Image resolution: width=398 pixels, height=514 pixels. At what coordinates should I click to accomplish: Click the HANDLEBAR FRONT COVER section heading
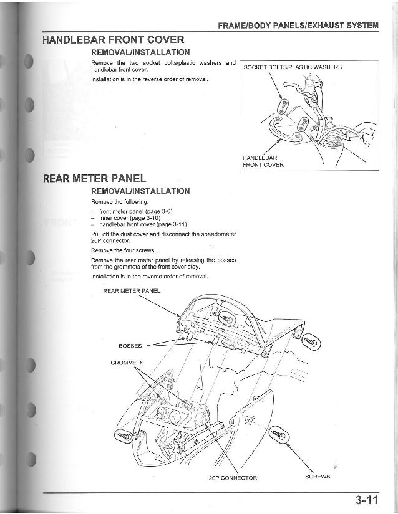click(113, 40)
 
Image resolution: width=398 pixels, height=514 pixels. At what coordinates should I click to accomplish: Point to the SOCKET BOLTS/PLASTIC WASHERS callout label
click(293, 67)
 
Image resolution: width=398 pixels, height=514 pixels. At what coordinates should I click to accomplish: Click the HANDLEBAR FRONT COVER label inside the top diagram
click(263, 161)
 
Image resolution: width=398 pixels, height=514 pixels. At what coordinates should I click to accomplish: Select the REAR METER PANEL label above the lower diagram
click(132, 290)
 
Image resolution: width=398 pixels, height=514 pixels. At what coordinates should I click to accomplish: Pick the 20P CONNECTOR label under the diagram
click(233, 478)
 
